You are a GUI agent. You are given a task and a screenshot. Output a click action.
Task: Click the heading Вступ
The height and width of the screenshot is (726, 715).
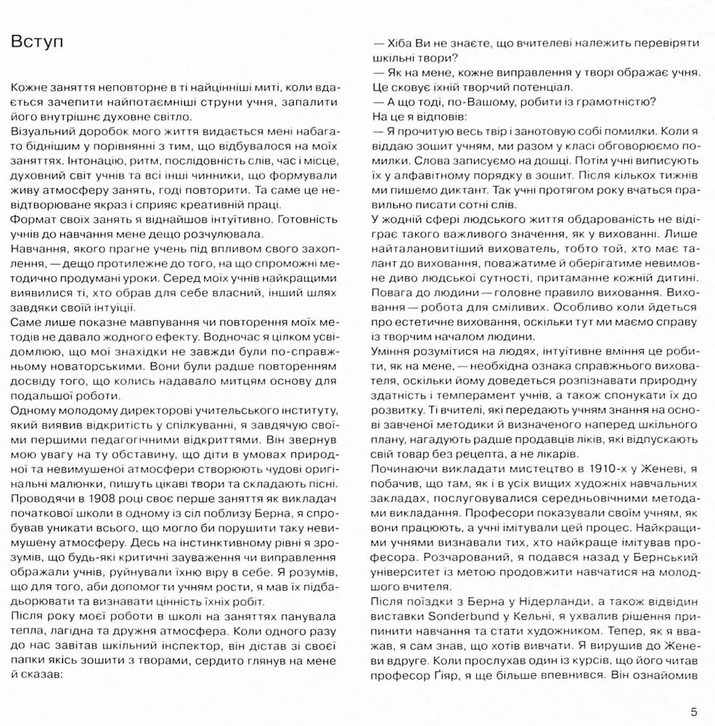click(37, 41)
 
